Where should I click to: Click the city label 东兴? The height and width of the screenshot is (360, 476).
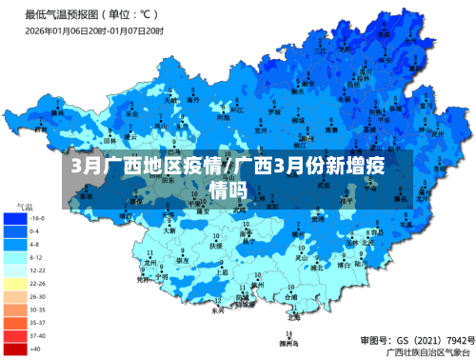point(217,310)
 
